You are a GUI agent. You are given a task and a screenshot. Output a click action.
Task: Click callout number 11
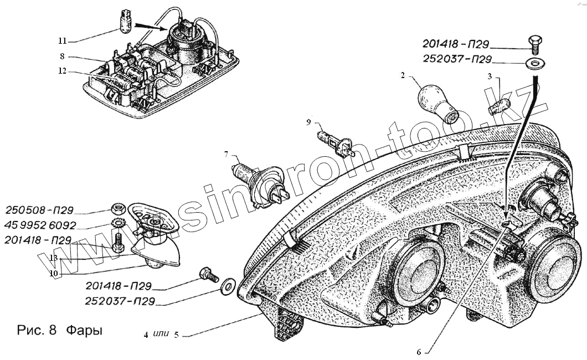(x=62, y=40)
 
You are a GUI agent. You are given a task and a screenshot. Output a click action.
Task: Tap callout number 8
(x=63, y=56)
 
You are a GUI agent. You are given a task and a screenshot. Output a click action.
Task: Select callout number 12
(x=63, y=70)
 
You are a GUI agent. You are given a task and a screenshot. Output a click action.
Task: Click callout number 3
(x=489, y=77)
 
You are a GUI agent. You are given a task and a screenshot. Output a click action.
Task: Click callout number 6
(x=419, y=351)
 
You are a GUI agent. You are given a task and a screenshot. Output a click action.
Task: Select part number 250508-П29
(x=39, y=210)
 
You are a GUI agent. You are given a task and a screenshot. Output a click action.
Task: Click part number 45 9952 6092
(x=40, y=225)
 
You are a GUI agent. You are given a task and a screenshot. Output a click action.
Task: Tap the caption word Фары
(x=84, y=331)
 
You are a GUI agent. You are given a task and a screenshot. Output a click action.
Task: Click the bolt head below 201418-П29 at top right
(x=535, y=42)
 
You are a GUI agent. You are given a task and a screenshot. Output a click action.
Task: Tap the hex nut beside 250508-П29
(x=117, y=209)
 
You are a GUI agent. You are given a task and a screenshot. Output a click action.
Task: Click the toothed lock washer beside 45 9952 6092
(x=117, y=224)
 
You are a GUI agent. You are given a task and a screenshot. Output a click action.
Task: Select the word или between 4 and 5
(x=161, y=335)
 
